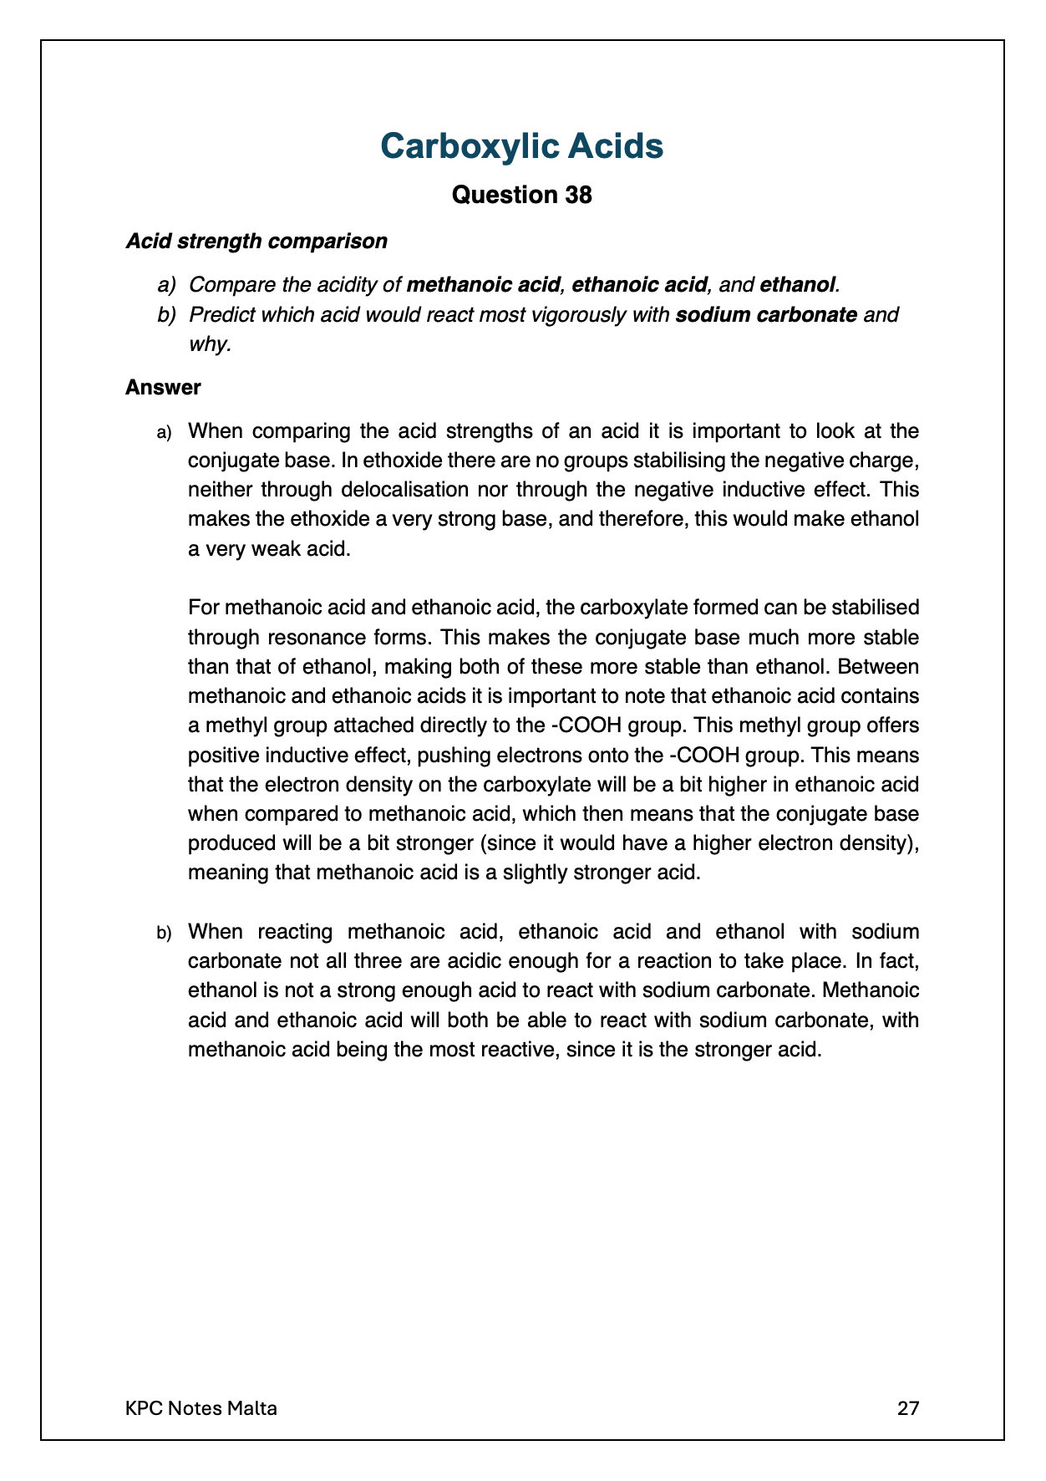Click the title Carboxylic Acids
click(521, 146)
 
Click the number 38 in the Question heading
click(576, 195)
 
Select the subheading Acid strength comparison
click(256, 242)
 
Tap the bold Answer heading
click(163, 388)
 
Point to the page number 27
click(907, 1408)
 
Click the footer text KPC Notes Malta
click(201, 1408)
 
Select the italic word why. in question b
click(209, 344)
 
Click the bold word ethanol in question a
click(797, 285)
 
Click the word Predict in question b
click(221, 315)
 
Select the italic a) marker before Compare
click(167, 285)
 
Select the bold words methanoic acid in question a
click(482, 285)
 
